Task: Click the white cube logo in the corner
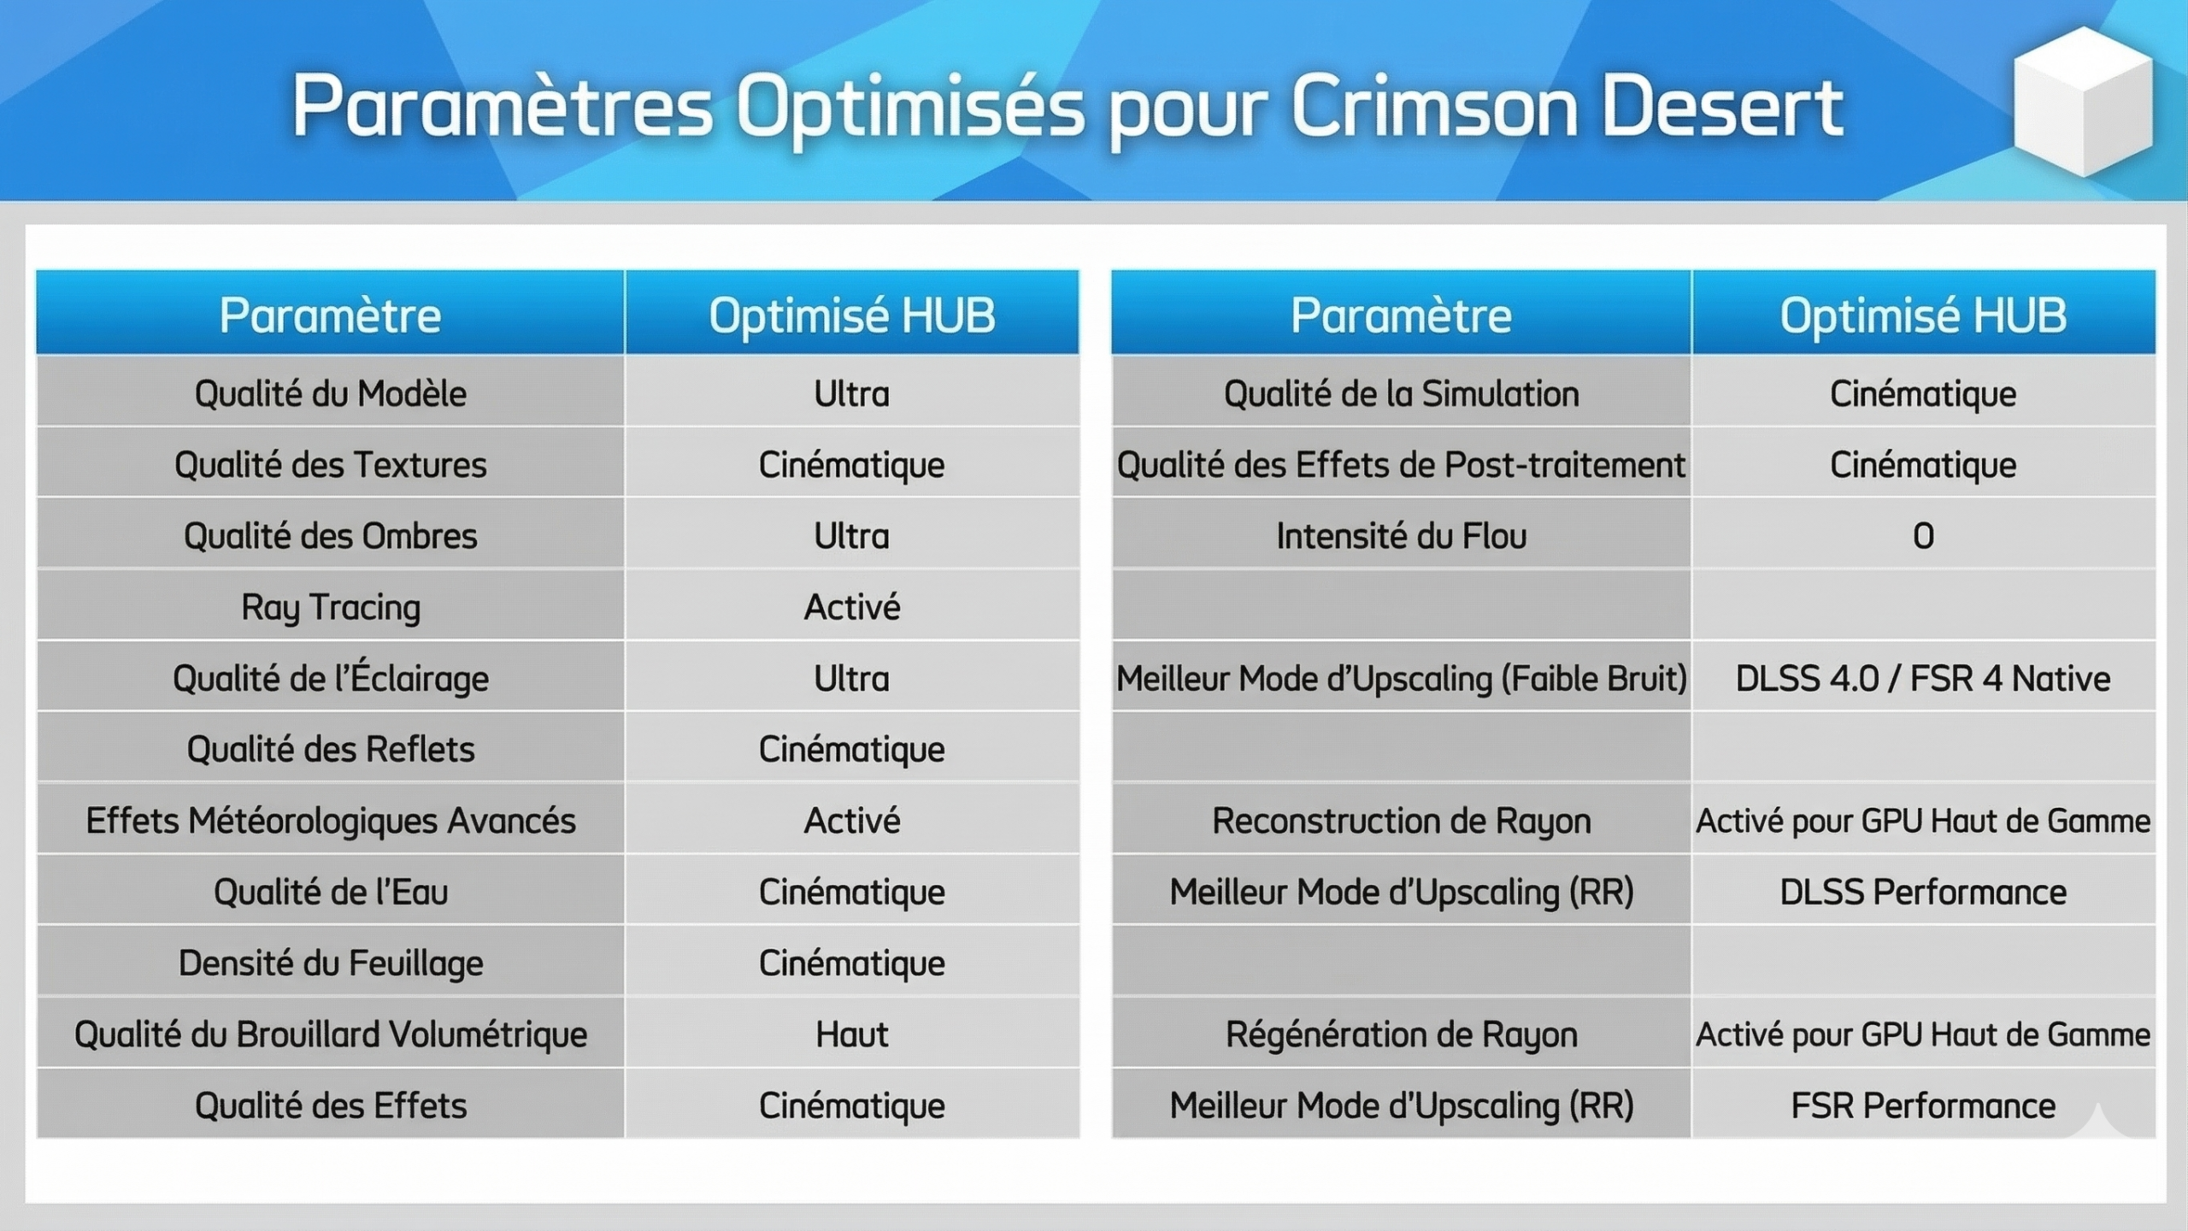[2083, 102]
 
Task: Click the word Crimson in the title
[1434, 108]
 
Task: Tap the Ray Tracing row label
[331, 608]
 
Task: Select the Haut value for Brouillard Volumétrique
[852, 1034]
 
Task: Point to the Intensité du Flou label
[1402, 536]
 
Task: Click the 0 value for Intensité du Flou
[1923, 536]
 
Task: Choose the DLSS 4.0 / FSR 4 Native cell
[1923, 679]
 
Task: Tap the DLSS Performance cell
[1923, 892]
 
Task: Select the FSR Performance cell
[1923, 1106]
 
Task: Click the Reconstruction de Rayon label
[1402, 822]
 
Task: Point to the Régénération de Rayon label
[1402, 1034]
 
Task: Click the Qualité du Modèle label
[331, 394]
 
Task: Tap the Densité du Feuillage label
[331, 964]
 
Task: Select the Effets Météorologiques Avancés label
[331, 821]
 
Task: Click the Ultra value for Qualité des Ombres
[852, 536]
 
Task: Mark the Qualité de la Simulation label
[1402, 394]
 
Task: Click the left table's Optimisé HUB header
[852, 315]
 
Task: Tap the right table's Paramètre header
[1402, 315]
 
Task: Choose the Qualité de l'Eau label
[331, 892]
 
